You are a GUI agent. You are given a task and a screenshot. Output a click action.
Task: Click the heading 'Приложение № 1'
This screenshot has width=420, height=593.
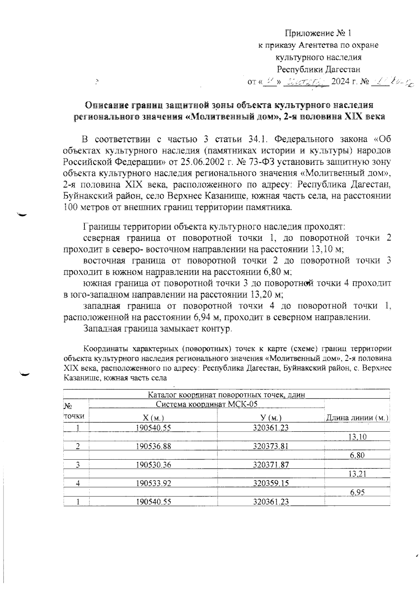pos(317,33)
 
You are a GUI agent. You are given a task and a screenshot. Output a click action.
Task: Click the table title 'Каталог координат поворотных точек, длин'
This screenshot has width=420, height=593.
pos(226,395)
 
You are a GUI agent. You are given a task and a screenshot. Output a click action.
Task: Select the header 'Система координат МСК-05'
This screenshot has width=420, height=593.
pos(206,404)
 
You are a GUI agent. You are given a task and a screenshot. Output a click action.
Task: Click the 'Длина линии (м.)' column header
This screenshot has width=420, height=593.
pos(357,418)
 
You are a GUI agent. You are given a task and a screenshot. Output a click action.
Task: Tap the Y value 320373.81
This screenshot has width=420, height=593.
pos(271,446)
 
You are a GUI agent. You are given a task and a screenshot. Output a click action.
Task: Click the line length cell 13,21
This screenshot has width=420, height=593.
pos(357,474)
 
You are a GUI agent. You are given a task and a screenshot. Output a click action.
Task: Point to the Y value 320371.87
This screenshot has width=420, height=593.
pos(271,465)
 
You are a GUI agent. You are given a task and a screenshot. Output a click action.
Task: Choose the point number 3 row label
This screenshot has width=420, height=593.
pos(78,465)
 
